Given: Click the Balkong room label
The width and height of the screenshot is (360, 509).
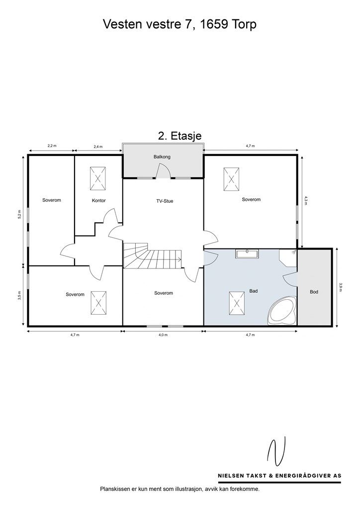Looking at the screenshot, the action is [x=162, y=157].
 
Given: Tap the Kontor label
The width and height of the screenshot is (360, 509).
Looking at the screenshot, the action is [x=98, y=201].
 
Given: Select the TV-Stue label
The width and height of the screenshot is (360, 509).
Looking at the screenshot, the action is [x=165, y=201].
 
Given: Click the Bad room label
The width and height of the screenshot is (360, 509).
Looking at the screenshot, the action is [x=254, y=291].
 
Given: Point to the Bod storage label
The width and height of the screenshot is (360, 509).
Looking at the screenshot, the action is [x=314, y=292].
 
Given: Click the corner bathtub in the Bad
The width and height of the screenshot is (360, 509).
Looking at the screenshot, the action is [x=282, y=310].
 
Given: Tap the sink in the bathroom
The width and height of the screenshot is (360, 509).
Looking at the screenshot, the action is [x=247, y=254].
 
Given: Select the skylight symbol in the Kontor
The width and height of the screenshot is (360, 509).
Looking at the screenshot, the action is [x=98, y=179].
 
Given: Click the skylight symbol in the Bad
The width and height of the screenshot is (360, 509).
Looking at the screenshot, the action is [x=237, y=303].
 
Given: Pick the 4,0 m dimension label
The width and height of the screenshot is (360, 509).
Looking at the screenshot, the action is [x=163, y=335].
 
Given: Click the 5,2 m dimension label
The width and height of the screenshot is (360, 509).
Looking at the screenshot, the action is [x=19, y=215].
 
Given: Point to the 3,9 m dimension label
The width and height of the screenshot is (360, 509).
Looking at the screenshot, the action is [x=340, y=288].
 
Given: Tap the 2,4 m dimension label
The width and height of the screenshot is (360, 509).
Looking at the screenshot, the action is [x=98, y=147].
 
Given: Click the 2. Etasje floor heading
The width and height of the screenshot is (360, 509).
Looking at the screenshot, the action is [x=180, y=135].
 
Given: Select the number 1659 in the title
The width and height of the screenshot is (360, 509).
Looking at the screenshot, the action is [x=212, y=24].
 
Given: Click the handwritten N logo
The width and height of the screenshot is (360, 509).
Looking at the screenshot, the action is [x=277, y=451].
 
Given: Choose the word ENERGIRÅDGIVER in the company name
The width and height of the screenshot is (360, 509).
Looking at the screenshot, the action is [x=302, y=476].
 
